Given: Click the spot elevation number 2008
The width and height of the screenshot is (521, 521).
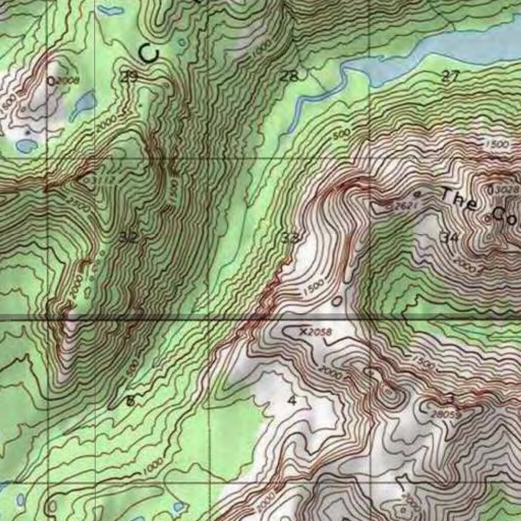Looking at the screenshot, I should (67, 80).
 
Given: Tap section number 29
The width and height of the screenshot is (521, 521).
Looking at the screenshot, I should (130, 77).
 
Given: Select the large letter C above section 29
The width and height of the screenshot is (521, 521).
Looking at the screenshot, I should (149, 53).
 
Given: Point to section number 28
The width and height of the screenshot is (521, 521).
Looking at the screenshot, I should (289, 77).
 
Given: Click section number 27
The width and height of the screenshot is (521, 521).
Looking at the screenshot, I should (450, 77).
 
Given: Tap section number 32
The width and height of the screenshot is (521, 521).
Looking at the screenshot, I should (129, 237).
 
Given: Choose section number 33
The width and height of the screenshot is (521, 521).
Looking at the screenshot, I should (291, 237).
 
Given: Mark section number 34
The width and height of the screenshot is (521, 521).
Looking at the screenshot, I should (450, 237).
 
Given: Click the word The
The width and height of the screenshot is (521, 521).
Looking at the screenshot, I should (459, 199).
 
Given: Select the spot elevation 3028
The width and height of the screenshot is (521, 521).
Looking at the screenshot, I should (507, 190).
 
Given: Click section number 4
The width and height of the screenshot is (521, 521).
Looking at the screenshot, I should (292, 400).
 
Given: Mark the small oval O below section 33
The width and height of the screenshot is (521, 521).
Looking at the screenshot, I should (337, 301).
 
